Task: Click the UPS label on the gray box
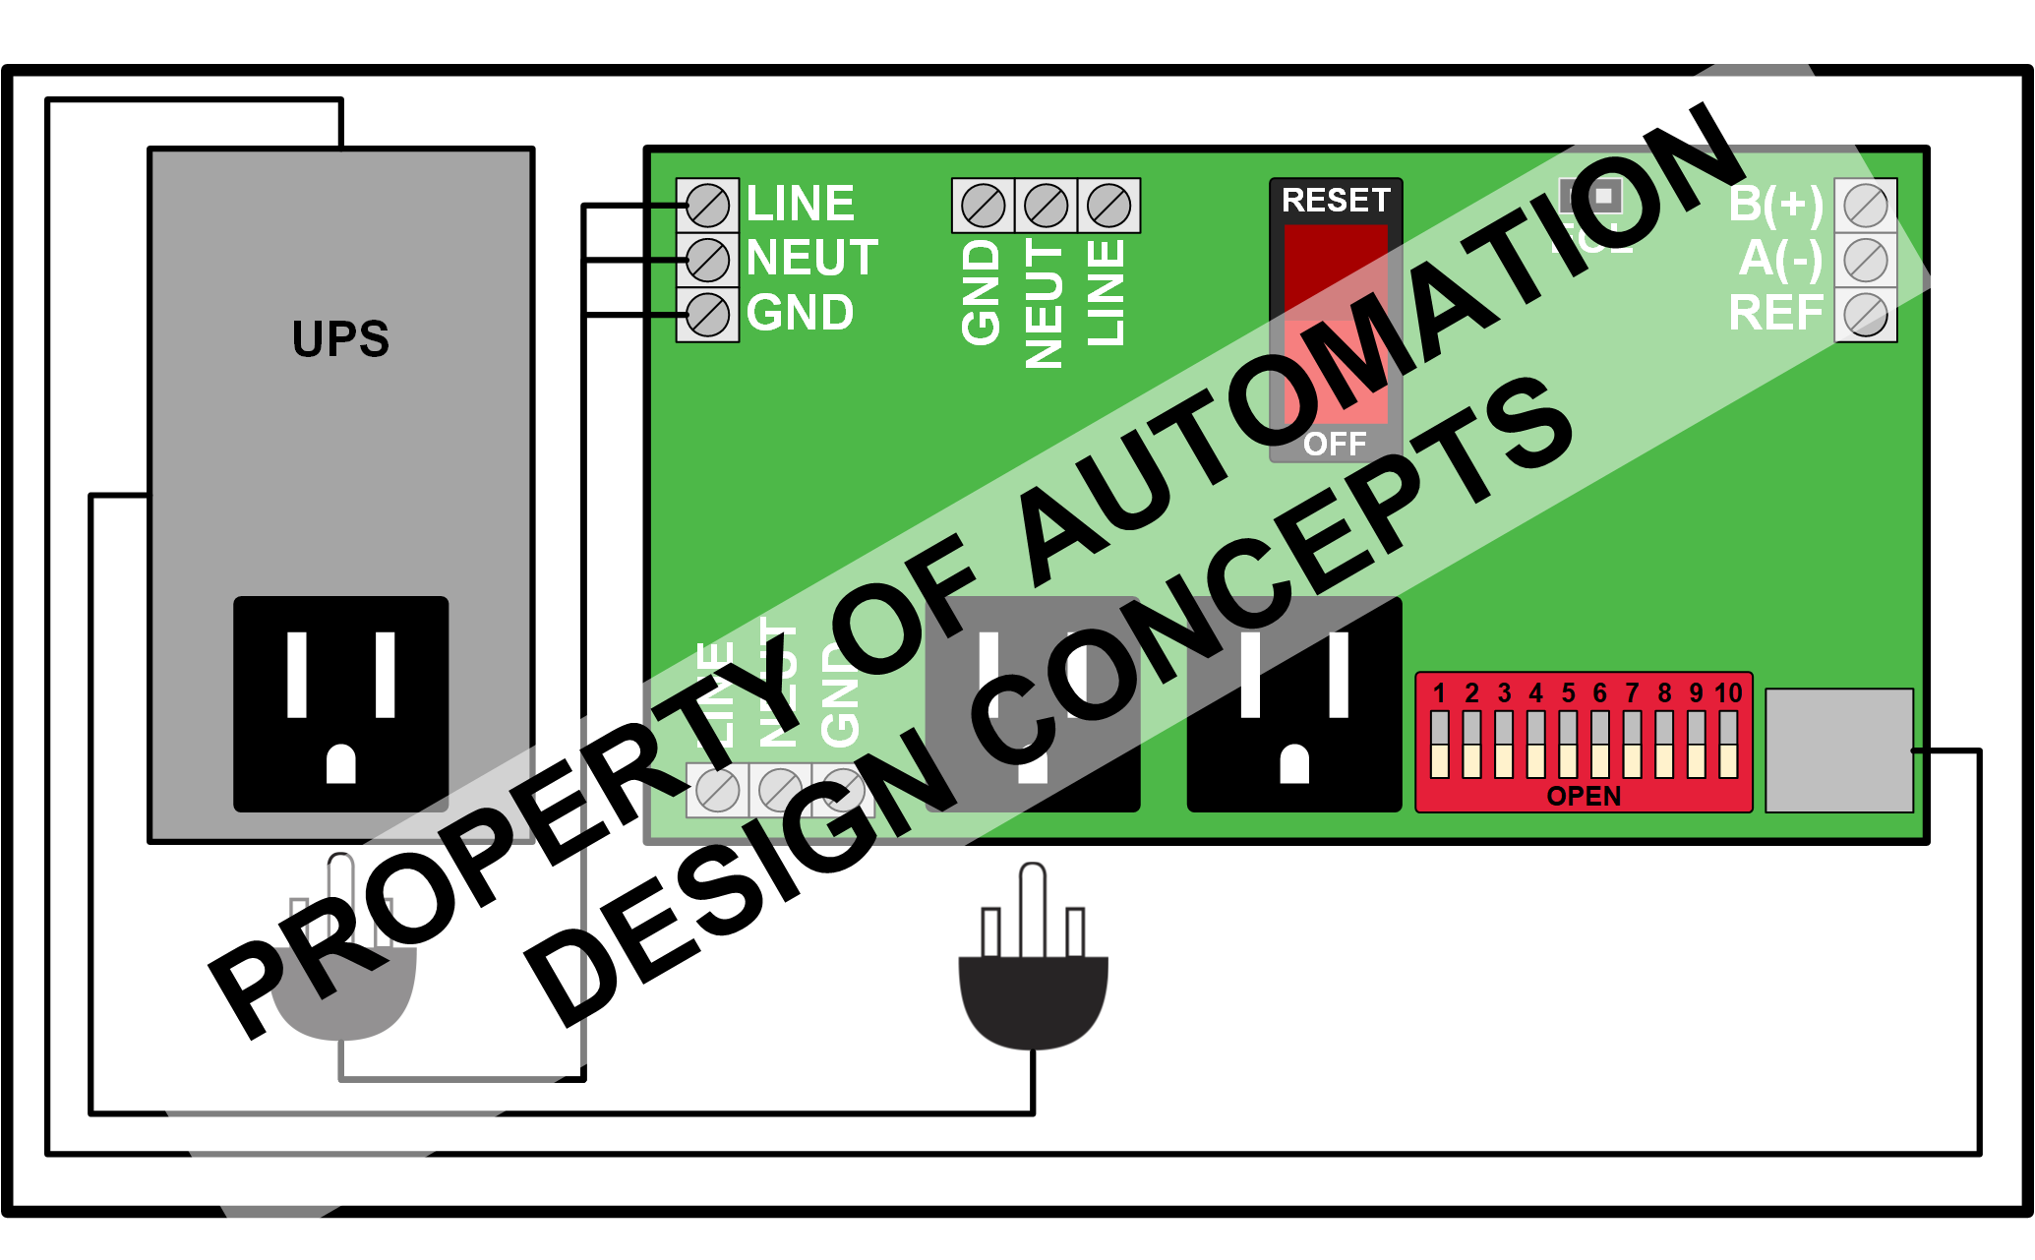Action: point(340,339)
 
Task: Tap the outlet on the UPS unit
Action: point(340,703)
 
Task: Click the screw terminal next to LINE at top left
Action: point(707,206)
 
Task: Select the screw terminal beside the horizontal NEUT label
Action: point(707,260)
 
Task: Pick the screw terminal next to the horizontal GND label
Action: point(707,315)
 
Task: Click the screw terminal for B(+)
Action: point(1865,206)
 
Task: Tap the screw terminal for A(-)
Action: point(1865,260)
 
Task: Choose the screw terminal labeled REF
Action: point(1865,315)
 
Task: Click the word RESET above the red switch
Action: point(1335,201)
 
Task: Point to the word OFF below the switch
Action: point(1335,445)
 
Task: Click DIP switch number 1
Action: point(1440,745)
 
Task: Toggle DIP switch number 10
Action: point(1728,745)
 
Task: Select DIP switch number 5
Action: point(1568,745)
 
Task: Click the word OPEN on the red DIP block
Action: point(1584,796)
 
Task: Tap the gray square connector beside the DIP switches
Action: point(1838,750)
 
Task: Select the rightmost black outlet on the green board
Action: point(1294,703)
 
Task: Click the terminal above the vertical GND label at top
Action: point(983,206)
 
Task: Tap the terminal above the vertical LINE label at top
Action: point(1108,206)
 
